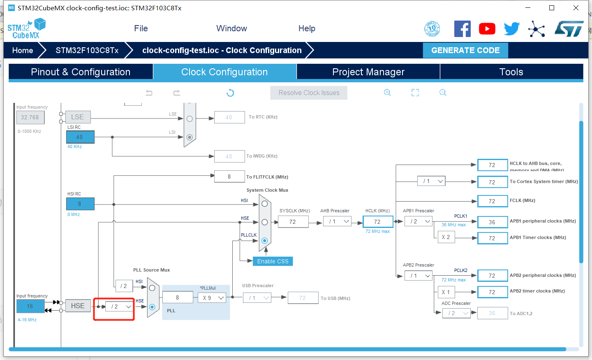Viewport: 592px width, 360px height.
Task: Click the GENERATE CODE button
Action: pyautogui.click(x=465, y=51)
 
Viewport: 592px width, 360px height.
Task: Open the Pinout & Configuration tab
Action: pyautogui.click(x=81, y=72)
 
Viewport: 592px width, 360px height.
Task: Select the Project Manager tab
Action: pyautogui.click(x=368, y=72)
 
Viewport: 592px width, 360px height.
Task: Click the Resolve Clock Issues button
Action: pyautogui.click(x=309, y=93)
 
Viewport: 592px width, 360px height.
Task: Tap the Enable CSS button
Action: pyautogui.click(x=273, y=261)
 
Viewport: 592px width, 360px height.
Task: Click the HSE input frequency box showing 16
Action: pyautogui.click(x=30, y=306)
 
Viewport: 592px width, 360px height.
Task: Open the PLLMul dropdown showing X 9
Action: pyautogui.click(x=212, y=298)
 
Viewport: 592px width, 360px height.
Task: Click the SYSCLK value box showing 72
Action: pyautogui.click(x=293, y=222)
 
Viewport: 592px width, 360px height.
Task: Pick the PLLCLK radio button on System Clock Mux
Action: pyautogui.click(x=265, y=241)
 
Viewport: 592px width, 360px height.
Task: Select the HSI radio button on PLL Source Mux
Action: pyautogui.click(x=152, y=288)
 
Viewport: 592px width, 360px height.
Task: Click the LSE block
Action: pyautogui.click(x=78, y=117)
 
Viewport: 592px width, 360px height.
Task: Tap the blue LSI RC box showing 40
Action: pyautogui.click(x=80, y=137)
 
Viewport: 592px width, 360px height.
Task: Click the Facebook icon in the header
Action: pyautogui.click(x=462, y=29)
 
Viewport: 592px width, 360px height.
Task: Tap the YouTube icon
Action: pyautogui.click(x=487, y=29)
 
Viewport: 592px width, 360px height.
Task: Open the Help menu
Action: pyautogui.click(x=307, y=28)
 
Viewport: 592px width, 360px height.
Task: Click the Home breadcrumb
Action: pyautogui.click(x=23, y=51)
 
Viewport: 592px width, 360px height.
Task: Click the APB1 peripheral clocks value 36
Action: pyautogui.click(x=492, y=222)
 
